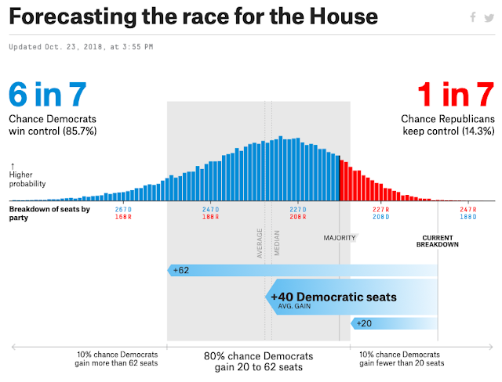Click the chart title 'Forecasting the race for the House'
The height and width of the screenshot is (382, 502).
(193, 16)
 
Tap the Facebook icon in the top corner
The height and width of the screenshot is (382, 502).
(472, 17)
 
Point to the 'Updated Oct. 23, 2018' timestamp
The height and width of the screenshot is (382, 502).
(82, 46)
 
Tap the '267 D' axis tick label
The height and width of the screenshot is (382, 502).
(123, 209)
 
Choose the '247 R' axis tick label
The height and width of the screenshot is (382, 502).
(468, 209)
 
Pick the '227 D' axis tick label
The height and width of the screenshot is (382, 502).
(297, 209)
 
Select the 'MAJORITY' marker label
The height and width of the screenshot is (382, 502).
(340, 238)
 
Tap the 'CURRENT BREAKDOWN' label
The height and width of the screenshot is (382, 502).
(438, 241)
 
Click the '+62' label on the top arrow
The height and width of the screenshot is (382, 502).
(181, 270)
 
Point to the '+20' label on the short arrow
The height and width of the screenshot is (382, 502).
(364, 323)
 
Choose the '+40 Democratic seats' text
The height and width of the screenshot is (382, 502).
(333, 297)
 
